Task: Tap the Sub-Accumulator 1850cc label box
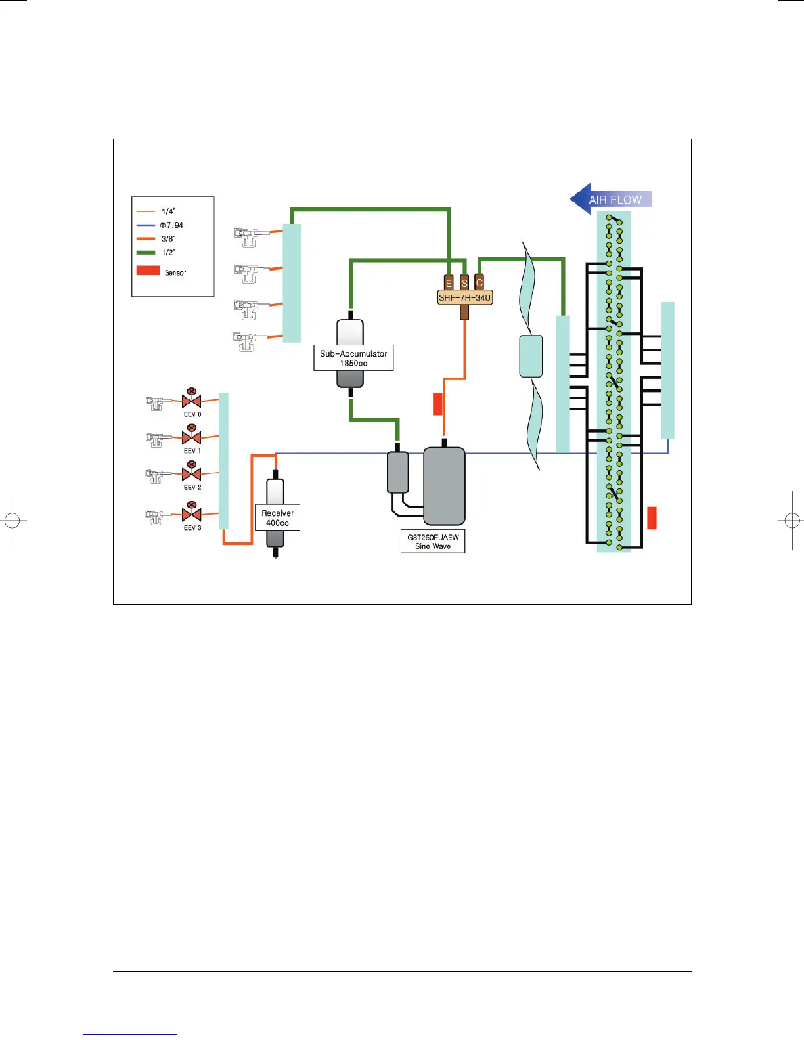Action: coord(353,358)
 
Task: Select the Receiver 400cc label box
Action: coord(277,518)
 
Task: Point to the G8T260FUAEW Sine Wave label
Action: coord(433,542)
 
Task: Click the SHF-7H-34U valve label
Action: coord(464,297)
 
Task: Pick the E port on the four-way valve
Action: coord(449,282)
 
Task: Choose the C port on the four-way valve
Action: coord(479,282)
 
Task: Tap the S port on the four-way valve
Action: coord(464,282)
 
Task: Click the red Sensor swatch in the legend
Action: coord(148,270)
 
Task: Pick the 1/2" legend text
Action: coord(169,253)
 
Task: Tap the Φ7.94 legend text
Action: coord(171,225)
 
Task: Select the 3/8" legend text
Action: coord(169,239)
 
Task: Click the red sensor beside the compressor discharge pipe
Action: coord(437,404)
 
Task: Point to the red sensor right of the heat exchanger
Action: coord(652,517)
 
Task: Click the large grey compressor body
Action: coord(444,486)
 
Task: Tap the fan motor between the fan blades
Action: coord(531,356)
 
